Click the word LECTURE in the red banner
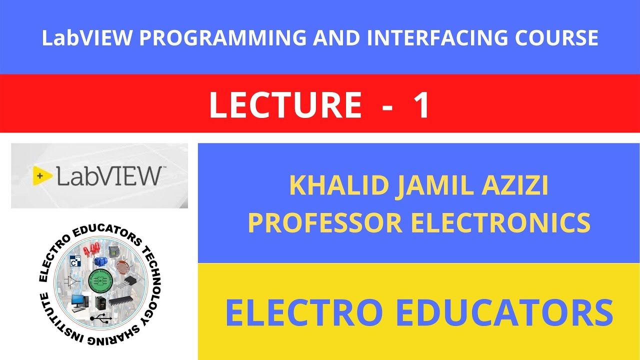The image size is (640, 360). [x=285, y=105]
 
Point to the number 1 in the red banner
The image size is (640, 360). [x=421, y=105]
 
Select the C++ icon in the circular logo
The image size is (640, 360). [x=76, y=261]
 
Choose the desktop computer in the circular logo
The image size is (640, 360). [x=78, y=301]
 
